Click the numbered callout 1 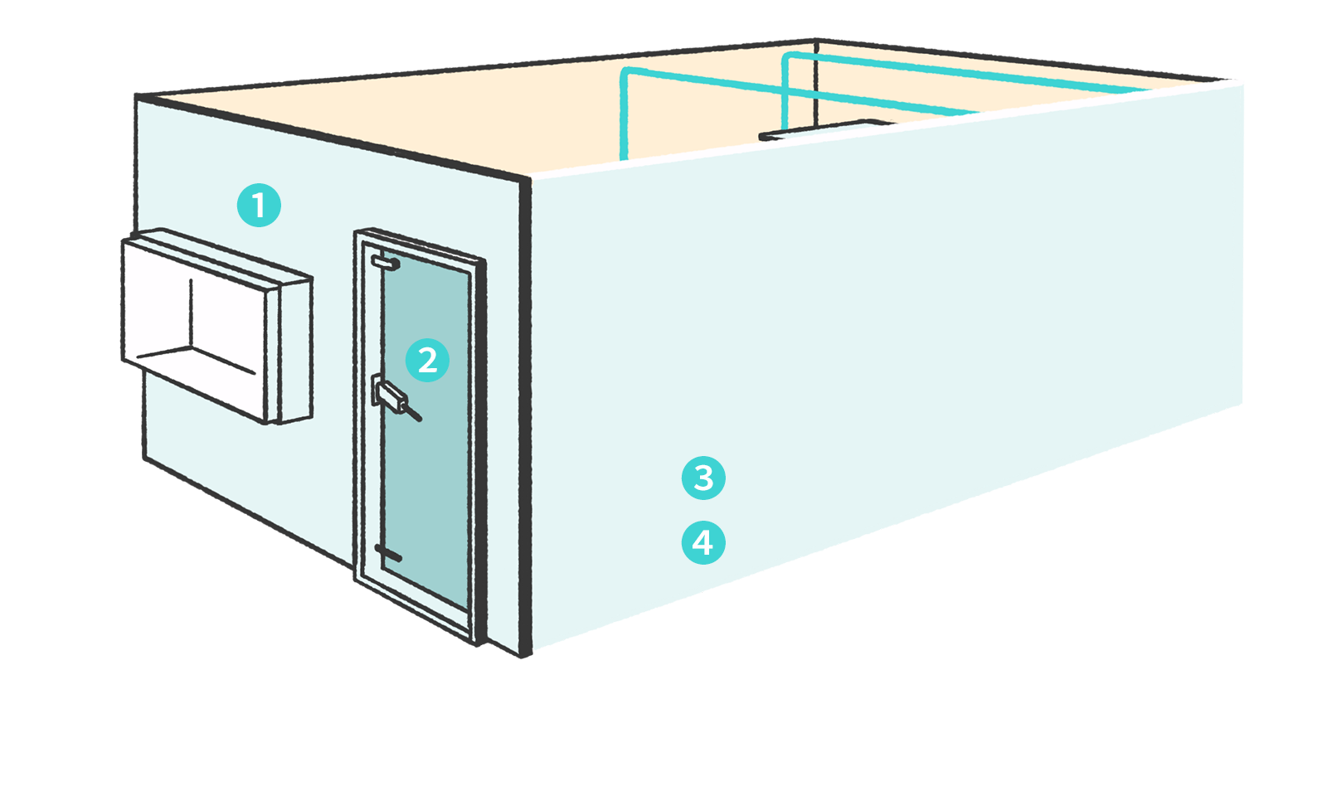point(259,205)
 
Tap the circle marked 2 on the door point(427,361)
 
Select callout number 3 point(703,478)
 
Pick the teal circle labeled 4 point(703,543)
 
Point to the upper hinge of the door point(385,263)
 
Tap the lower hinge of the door point(387,553)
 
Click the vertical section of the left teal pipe point(624,116)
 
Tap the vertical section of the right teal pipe point(785,91)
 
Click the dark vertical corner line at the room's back point(817,83)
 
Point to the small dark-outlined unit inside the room point(821,129)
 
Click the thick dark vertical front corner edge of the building point(525,415)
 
